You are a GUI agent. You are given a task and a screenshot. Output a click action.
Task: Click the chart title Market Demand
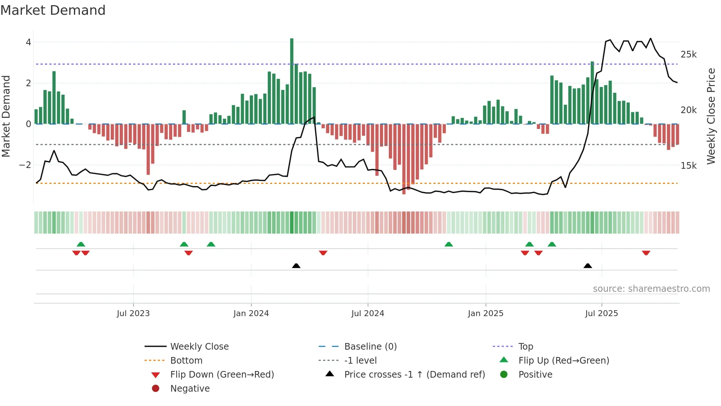click(53, 10)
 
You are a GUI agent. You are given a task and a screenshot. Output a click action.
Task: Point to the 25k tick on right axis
click(688, 55)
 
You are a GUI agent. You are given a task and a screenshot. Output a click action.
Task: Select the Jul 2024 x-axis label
click(367, 314)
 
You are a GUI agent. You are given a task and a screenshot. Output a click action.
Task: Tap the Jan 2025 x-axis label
click(485, 314)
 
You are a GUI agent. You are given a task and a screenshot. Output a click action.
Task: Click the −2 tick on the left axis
click(25, 165)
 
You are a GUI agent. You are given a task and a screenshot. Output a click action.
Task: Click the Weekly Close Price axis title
click(711, 116)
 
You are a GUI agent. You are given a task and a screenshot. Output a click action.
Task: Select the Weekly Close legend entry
click(199, 347)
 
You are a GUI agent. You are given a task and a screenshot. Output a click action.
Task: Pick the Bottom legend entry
click(186, 361)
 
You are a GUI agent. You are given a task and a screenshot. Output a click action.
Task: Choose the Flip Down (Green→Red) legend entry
click(222, 375)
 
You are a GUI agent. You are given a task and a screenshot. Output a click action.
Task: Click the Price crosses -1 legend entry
click(414, 375)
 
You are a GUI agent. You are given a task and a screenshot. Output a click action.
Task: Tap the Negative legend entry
click(190, 389)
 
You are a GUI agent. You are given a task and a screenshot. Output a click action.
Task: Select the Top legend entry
click(525, 347)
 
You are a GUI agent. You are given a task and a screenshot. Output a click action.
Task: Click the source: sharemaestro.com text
click(651, 289)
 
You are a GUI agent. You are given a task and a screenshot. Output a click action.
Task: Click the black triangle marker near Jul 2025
click(587, 266)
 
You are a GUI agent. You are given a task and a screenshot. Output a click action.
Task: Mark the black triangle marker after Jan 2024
click(296, 266)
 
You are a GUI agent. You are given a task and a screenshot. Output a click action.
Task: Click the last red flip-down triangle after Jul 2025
click(646, 253)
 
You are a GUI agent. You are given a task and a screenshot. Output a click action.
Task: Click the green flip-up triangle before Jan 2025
click(448, 244)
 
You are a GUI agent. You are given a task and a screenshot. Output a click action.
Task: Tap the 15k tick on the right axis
click(688, 166)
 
